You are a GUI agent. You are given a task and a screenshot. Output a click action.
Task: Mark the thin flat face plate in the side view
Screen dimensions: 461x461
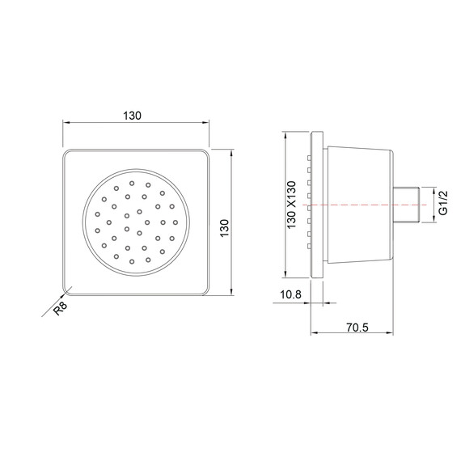coord(325,205)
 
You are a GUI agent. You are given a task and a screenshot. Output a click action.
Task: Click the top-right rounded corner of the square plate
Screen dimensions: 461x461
coord(205,153)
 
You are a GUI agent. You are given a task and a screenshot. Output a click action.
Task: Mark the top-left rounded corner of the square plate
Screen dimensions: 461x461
coord(66,153)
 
